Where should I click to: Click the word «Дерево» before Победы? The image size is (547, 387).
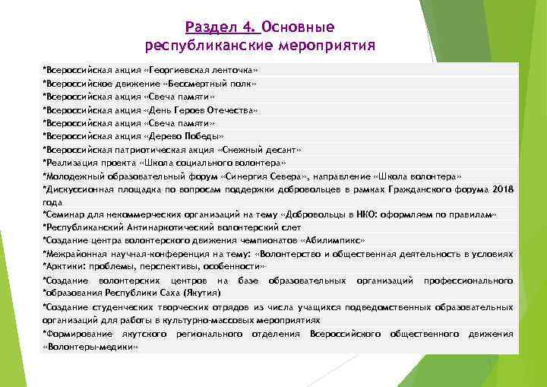pos(162,137)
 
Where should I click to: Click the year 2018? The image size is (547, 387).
pos(502,189)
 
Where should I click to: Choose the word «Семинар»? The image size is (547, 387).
pos(65,215)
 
